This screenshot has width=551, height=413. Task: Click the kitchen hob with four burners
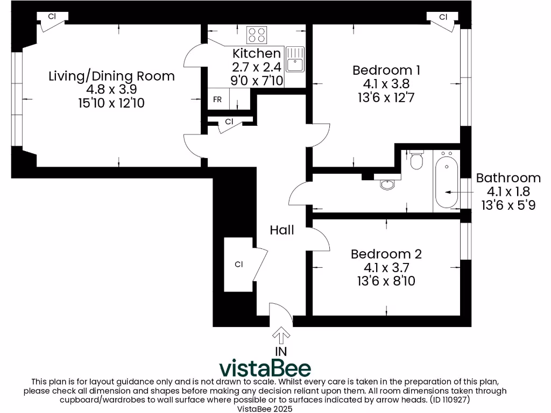point(257,35)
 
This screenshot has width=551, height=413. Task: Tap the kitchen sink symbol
point(295,59)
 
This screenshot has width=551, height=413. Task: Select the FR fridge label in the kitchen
point(217,100)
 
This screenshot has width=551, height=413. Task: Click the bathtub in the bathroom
point(447,181)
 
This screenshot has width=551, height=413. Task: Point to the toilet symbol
point(416,160)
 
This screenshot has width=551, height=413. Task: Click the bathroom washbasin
point(387,184)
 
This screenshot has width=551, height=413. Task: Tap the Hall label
point(282,230)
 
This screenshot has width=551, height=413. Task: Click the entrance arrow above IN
point(280,336)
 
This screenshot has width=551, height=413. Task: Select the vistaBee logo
point(265,368)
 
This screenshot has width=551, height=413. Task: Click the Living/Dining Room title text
point(111,76)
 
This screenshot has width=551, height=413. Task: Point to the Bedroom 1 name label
point(386,70)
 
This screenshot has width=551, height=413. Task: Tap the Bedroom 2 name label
point(386,254)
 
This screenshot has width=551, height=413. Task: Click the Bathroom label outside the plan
point(508,178)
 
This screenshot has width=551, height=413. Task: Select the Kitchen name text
point(256,53)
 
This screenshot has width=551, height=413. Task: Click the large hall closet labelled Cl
point(239,264)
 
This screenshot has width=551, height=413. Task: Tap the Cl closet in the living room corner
point(52,17)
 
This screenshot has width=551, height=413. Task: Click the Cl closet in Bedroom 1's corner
point(443,17)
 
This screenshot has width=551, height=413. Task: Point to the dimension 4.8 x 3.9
point(111,89)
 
